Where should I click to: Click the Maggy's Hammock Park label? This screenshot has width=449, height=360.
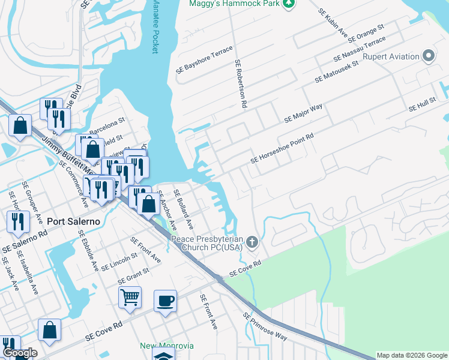click(x=235, y=4)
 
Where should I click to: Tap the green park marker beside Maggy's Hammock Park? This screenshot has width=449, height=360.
click(x=289, y=4)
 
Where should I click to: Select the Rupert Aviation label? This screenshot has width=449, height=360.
click(x=390, y=57)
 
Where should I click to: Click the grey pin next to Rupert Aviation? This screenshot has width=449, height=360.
click(x=429, y=57)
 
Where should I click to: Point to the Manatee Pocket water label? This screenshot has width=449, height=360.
click(x=155, y=26)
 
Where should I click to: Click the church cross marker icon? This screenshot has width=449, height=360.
click(x=253, y=243)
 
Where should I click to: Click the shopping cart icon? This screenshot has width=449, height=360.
click(x=130, y=296)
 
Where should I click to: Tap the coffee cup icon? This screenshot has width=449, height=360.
click(x=165, y=299)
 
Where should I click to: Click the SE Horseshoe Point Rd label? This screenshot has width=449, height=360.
click(x=282, y=149)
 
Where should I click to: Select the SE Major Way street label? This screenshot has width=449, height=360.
click(x=303, y=113)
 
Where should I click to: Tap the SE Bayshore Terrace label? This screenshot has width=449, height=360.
click(x=203, y=60)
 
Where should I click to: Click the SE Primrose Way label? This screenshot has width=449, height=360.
click(x=265, y=326)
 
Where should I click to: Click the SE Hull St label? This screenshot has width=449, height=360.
click(x=422, y=106)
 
